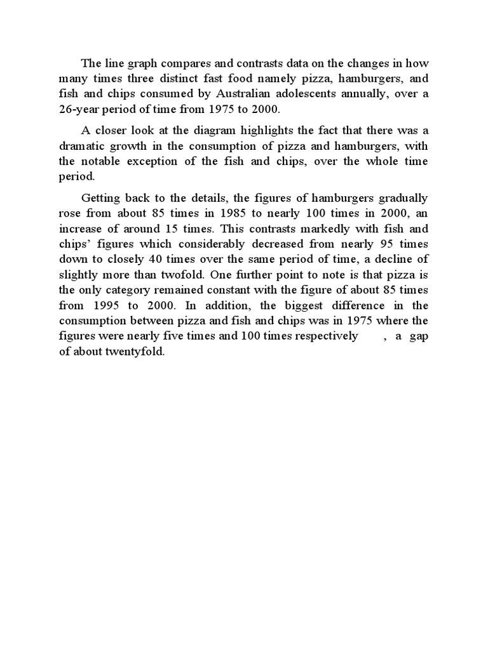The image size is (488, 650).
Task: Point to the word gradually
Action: click(x=402, y=198)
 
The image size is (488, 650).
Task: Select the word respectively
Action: click(x=324, y=336)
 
